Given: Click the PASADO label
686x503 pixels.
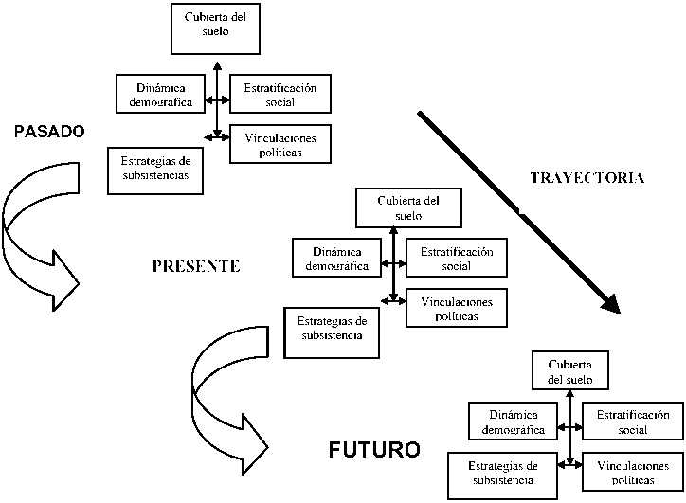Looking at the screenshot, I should [49, 132].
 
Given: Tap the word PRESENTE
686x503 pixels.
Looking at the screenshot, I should [196, 266].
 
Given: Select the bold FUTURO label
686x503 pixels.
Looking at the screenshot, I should [373, 449].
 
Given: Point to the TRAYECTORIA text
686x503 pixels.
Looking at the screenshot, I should [587, 177].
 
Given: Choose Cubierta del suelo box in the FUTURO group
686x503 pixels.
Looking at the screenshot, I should [570, 371].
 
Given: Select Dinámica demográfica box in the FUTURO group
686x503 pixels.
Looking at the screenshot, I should [512, 422].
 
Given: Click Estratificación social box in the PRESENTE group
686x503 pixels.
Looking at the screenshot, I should [457, 258].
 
